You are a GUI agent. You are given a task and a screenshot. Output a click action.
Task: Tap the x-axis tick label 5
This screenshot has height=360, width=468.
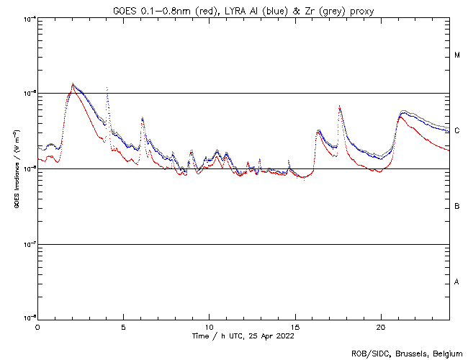coord(123,326)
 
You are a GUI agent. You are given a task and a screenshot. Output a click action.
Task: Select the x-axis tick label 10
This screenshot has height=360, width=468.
coord(209,326)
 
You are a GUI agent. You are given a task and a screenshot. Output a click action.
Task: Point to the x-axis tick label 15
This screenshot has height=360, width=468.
coord(294,326)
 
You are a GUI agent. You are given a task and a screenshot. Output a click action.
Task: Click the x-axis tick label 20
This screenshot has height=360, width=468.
coord(380,326)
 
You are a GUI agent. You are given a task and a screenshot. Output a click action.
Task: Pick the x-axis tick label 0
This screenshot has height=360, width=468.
coord(37,326)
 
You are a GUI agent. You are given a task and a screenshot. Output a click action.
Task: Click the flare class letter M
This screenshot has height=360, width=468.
coord(457,55)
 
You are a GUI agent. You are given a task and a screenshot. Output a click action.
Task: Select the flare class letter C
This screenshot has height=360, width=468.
coord(457,131)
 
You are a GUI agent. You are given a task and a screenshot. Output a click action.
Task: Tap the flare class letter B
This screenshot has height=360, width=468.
coord(457,207)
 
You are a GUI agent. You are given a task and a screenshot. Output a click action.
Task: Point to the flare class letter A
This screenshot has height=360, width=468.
coord(457,282)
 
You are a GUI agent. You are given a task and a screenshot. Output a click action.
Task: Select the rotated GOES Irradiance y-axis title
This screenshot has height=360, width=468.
coord(15,169)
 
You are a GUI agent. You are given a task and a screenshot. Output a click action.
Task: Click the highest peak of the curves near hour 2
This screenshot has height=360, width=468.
coord(73,84)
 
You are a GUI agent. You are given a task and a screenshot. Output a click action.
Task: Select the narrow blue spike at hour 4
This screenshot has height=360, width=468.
coord(107,89)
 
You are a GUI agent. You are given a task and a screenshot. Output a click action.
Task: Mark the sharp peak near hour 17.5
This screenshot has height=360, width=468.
coord(339,107)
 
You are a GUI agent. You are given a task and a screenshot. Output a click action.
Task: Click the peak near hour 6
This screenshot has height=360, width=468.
coord(143,118)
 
